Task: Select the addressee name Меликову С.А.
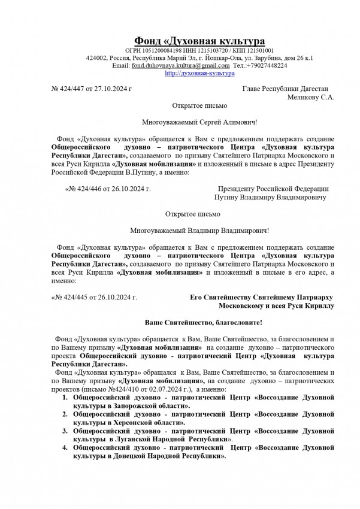(x=311, y=96)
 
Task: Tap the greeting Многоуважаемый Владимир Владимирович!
(x=199, y=229)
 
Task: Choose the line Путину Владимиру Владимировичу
(x=270, y=196)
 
